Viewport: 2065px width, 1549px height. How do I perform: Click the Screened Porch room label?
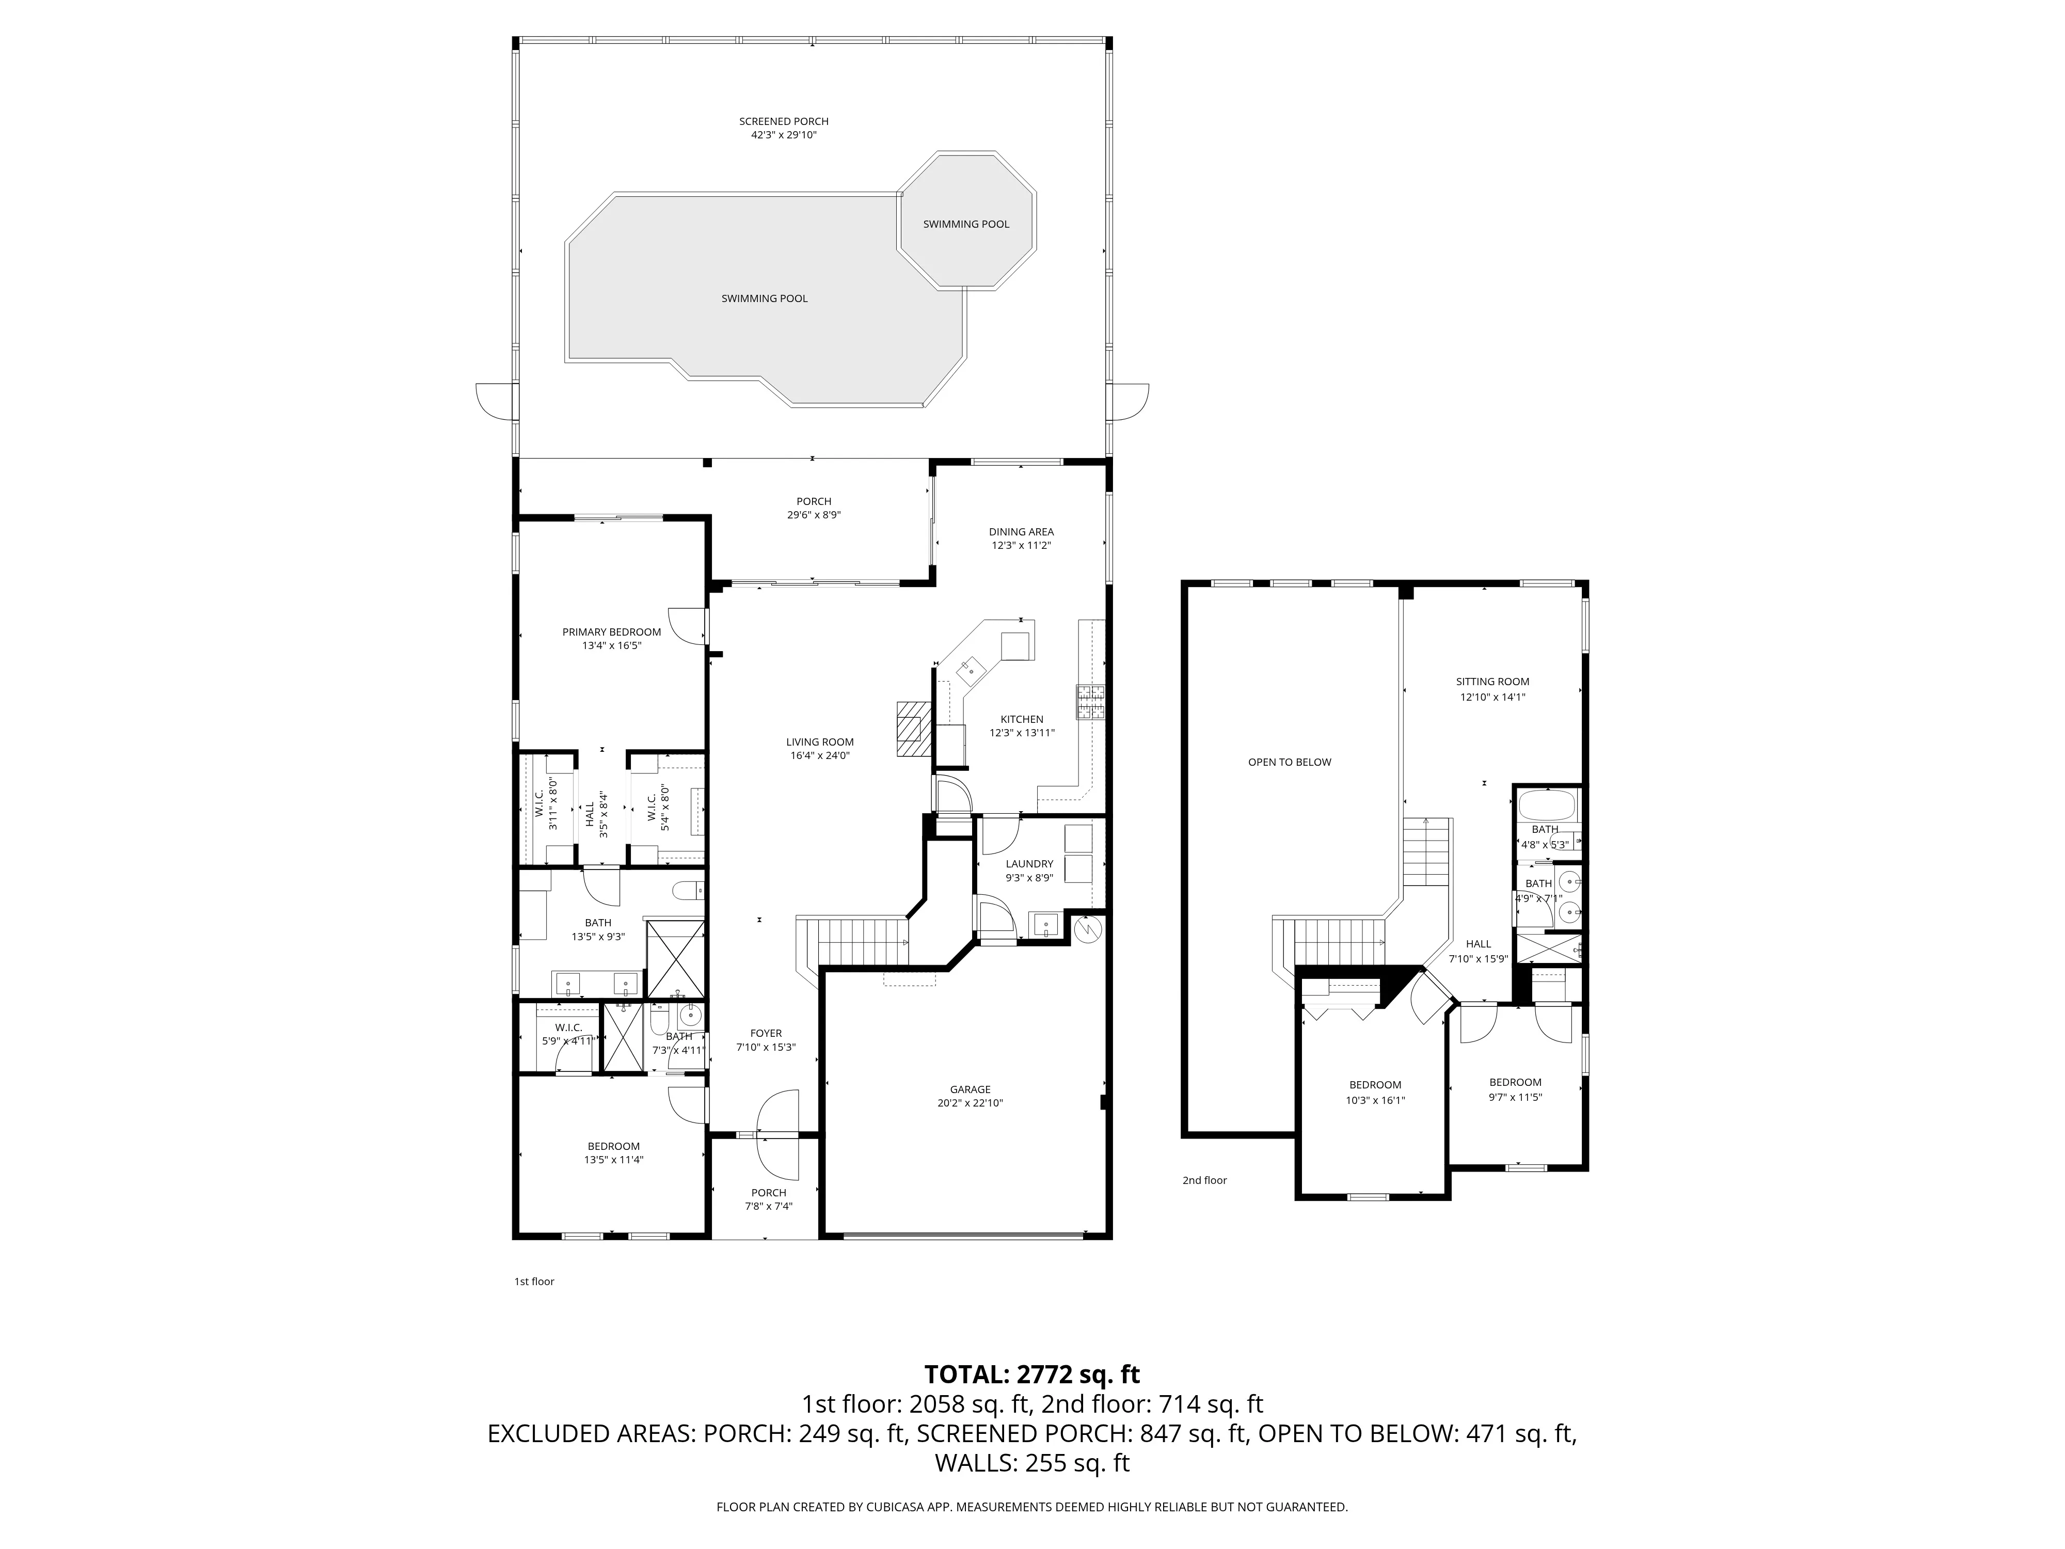pos(784,121)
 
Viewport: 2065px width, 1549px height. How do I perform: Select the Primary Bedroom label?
pos(611,632)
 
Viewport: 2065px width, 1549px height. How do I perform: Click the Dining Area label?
pos(1021,532)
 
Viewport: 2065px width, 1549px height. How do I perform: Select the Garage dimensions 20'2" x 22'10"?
pos(970,1103)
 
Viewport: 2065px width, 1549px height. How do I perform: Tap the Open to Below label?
pos(1289,762)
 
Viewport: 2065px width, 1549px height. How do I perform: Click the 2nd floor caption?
pos(1204,1180)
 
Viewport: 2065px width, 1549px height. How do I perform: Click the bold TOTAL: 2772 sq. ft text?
pos(1031,1374)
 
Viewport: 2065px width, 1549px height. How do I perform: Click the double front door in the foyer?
pos(777,1134)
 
